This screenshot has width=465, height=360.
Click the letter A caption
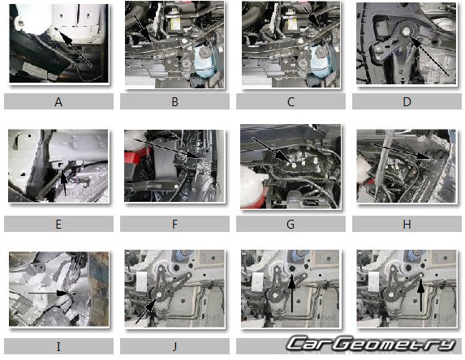(58, 101)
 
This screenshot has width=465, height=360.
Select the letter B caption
(175, 101)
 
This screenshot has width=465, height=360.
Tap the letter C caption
(291, 101)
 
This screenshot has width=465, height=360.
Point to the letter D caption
(407, 101)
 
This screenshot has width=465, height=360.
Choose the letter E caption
(58, 224)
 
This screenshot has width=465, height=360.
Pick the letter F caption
(175, 224)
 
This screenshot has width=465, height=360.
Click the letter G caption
(291, 224)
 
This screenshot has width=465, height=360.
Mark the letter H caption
(407, 224)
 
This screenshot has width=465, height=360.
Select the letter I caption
(58, 346)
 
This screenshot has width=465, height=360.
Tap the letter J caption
(174, 346)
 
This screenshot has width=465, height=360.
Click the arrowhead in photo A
(66, 37)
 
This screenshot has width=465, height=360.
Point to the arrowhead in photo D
(416, 42)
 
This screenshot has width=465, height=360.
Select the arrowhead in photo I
(64, 293)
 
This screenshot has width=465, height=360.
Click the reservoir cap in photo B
(205, 53)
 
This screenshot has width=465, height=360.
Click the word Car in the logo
(310, 344)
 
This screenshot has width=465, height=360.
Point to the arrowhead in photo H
(424, 156)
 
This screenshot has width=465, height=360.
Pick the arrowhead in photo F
(192, 154)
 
